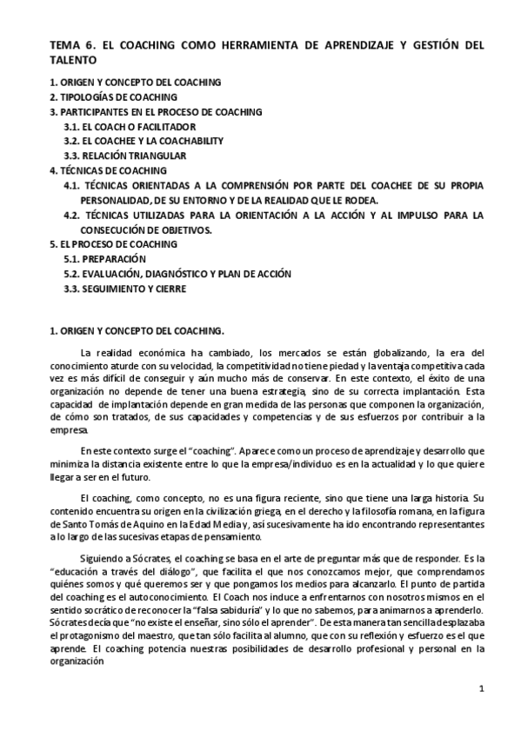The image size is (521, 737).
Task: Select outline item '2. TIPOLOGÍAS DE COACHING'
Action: pos(113,96)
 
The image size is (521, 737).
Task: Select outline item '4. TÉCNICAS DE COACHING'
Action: pos(106,170)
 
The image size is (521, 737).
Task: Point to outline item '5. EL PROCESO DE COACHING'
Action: pos(112,244)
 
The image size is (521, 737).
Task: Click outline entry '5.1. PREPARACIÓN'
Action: pos(104,259)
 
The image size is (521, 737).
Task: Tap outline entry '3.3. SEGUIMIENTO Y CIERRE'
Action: pos(124,289)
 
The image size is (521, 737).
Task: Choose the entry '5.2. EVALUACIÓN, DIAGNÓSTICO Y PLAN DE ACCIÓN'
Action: pos(177,274)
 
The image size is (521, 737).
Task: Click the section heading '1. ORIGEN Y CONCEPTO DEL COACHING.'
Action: pos(136,330)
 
